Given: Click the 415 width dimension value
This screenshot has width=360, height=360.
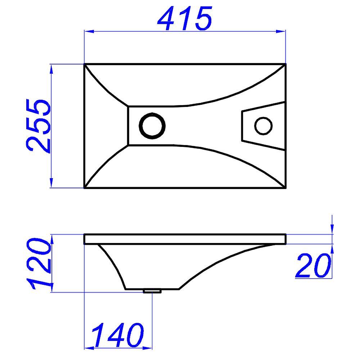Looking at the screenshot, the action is pos(185,18).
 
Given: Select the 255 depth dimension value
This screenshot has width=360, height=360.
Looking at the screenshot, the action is pos(38,126).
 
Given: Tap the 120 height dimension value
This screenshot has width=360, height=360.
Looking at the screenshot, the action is pos(38,264).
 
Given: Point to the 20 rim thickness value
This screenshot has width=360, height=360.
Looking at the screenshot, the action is pos(313,265).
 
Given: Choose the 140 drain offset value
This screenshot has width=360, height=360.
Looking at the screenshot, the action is pos(118,335).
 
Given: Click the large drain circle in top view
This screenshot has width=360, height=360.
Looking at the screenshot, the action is pos(152,126).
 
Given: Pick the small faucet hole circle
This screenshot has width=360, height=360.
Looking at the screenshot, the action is pos(264,126).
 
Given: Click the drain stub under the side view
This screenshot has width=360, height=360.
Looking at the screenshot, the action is pos(152,291).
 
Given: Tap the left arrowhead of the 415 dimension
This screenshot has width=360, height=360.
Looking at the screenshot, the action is pos(89,31).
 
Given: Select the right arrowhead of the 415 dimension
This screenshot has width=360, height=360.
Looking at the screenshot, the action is pos(280,31).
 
